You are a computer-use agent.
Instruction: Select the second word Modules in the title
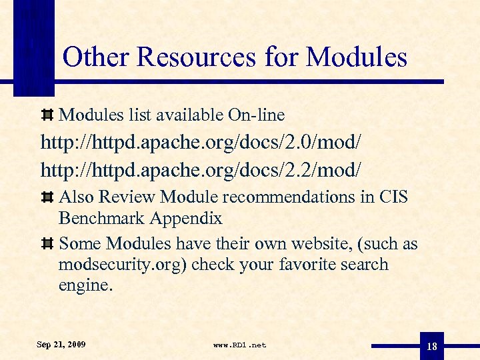coord(356,57)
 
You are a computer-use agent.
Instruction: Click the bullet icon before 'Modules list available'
coord(47,115)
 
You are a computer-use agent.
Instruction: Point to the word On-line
coord(256,115)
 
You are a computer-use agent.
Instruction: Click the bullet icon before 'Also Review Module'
coord(47,197)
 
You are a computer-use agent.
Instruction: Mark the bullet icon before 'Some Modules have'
coord(47,244)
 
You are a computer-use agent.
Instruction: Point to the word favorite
coord(307,265)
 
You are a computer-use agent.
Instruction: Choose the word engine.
coord(86,286)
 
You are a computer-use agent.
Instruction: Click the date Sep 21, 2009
coord(61,345)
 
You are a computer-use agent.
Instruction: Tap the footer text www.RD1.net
coord(239,345)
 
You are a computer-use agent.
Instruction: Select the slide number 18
coord(432,346)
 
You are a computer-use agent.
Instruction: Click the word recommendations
coord(297,197)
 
